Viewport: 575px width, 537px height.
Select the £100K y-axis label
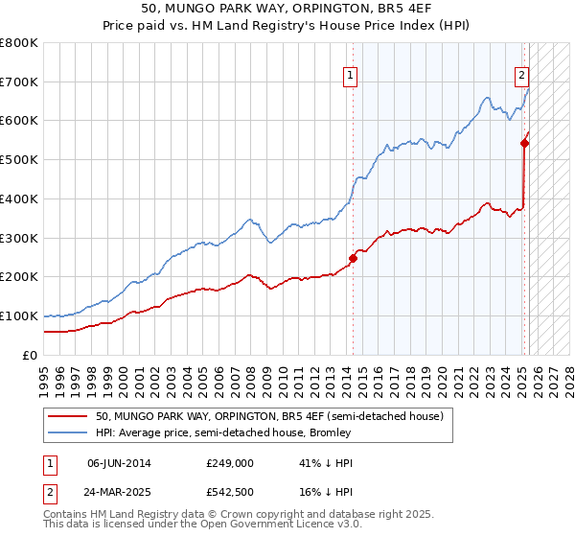coord(19,315)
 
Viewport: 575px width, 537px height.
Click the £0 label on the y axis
coord(31,355)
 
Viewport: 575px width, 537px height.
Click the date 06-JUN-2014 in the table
coord(119,462)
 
